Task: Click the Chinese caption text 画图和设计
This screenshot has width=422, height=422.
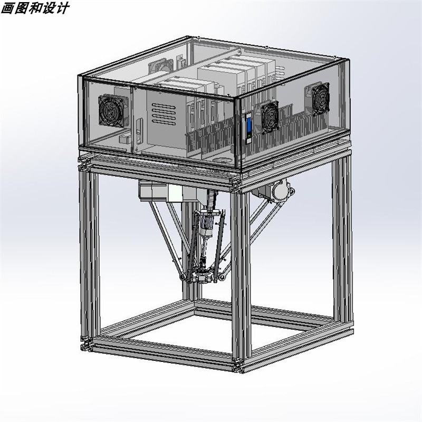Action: point(34,8)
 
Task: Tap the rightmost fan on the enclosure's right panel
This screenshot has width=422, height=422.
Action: point(320,99)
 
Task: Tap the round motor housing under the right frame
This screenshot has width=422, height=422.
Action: point(280,189)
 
